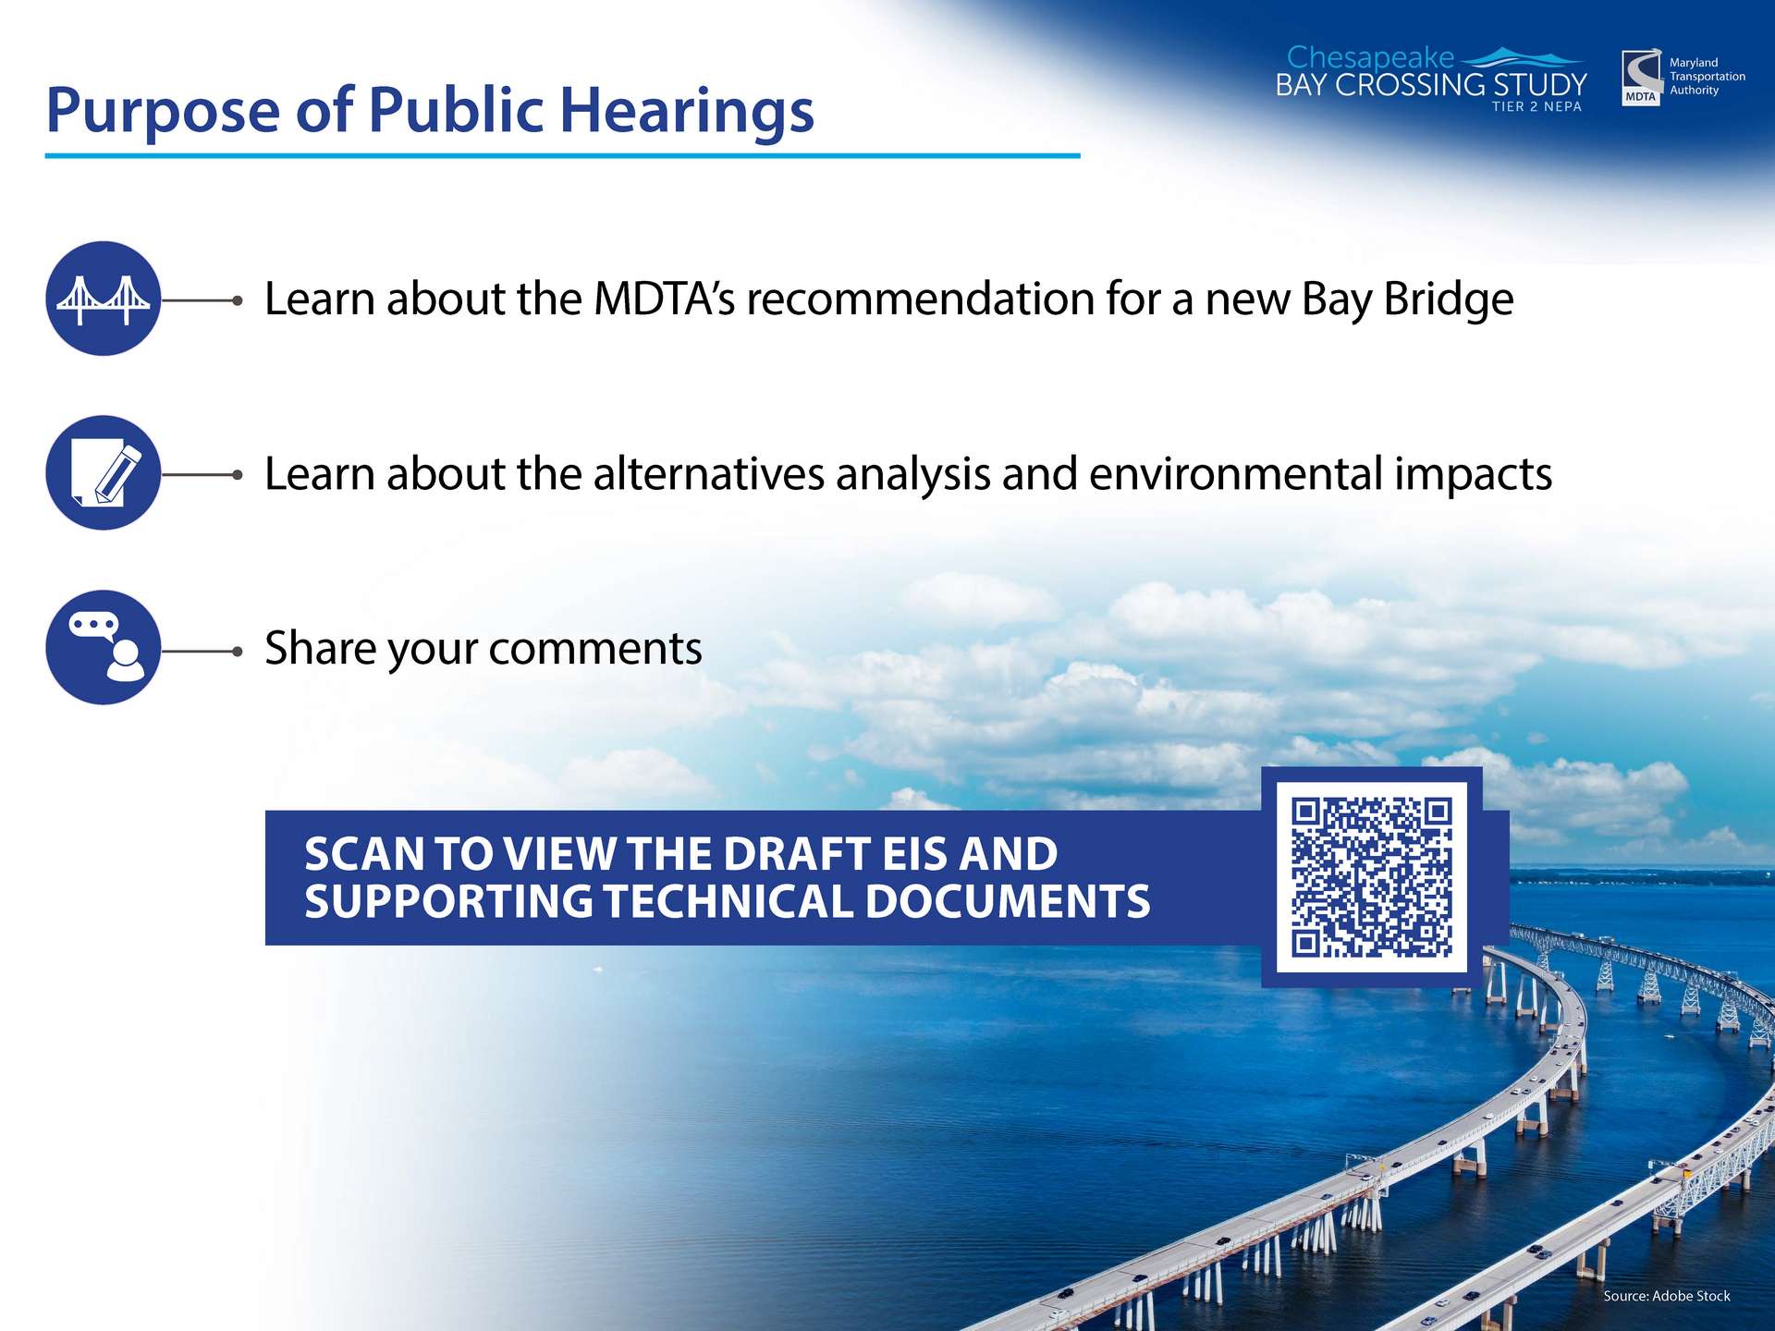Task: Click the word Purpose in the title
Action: point(163,112)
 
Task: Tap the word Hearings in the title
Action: point(687,112)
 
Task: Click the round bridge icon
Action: point(104,299)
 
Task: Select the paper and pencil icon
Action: point(104,472)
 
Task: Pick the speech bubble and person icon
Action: point(104,647)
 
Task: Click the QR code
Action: point(1372,877)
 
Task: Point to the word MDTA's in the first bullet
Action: point(664,299)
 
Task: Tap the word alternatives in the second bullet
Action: point(709,473)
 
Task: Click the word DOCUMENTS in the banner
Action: point(1008,901)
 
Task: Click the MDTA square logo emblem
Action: point(1641,79)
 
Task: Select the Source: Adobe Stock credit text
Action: point(1667,1296)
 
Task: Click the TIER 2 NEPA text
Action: point(1536,106)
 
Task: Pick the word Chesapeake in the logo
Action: point(1370,58)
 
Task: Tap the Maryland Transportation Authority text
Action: point(1707,77)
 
